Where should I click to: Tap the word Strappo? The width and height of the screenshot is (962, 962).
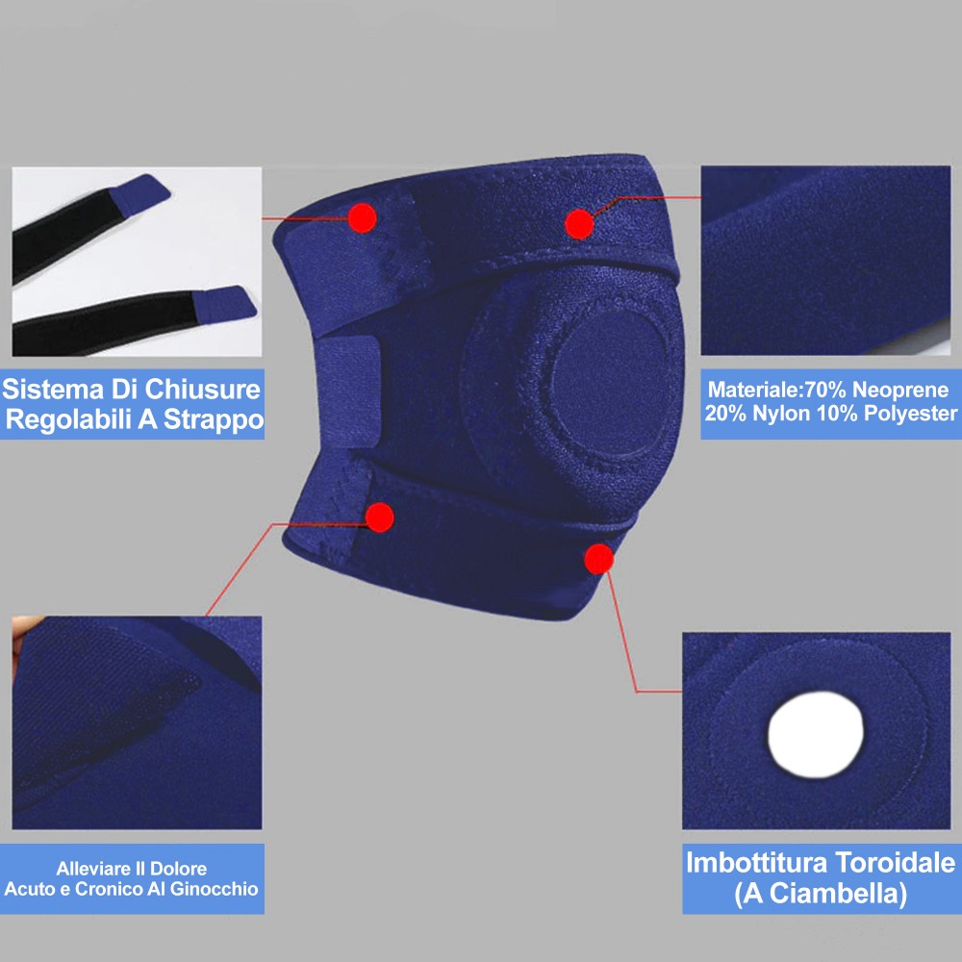[x=213, y=419]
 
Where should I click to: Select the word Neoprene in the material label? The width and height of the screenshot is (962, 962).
[x=900, y=390]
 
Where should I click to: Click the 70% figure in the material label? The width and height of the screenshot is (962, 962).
[x=825, y=390]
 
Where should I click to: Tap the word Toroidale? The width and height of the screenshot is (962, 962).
[x=895, y=862]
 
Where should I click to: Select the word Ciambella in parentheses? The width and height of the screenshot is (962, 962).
[x=838, y=894]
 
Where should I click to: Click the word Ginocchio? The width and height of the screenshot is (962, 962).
[x=214, y=889]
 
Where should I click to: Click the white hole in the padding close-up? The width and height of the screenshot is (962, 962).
[x=816, y=734]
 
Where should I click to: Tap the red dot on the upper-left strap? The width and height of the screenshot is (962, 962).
[x=362, y=217]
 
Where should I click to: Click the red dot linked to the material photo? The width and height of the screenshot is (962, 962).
[x=578, y=223]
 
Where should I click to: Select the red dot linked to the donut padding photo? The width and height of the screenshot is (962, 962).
[x=598, y=559]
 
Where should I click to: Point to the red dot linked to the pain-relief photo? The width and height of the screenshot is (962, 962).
[x=379, y=518]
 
